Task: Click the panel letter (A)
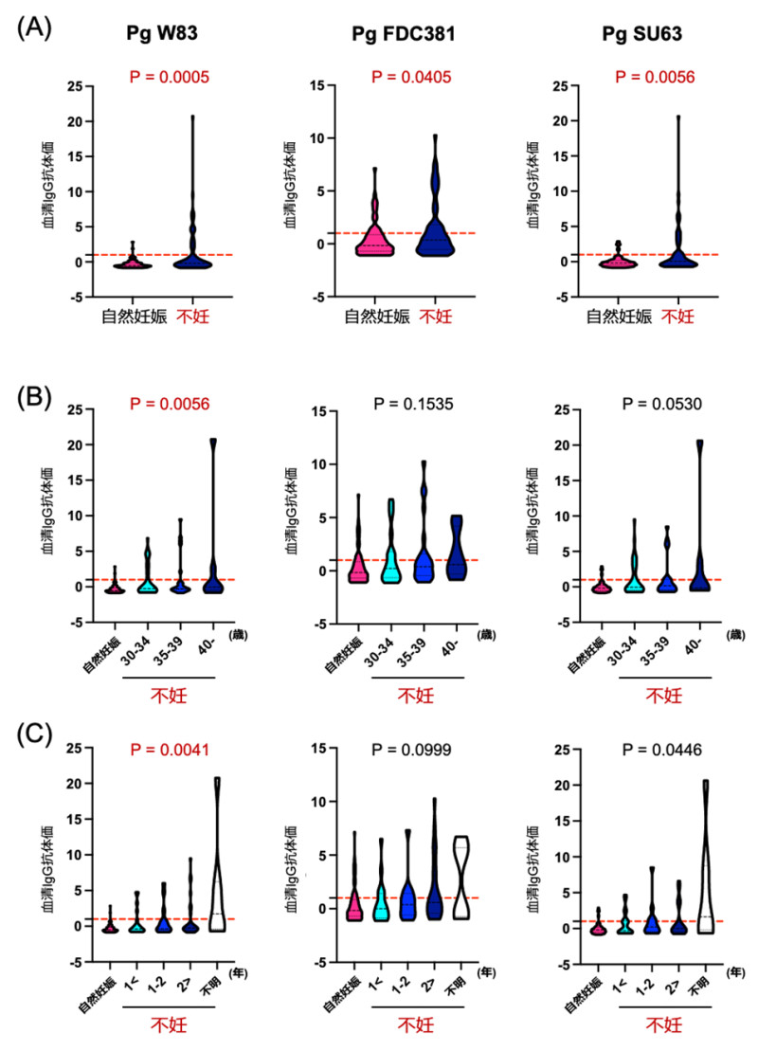35,28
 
